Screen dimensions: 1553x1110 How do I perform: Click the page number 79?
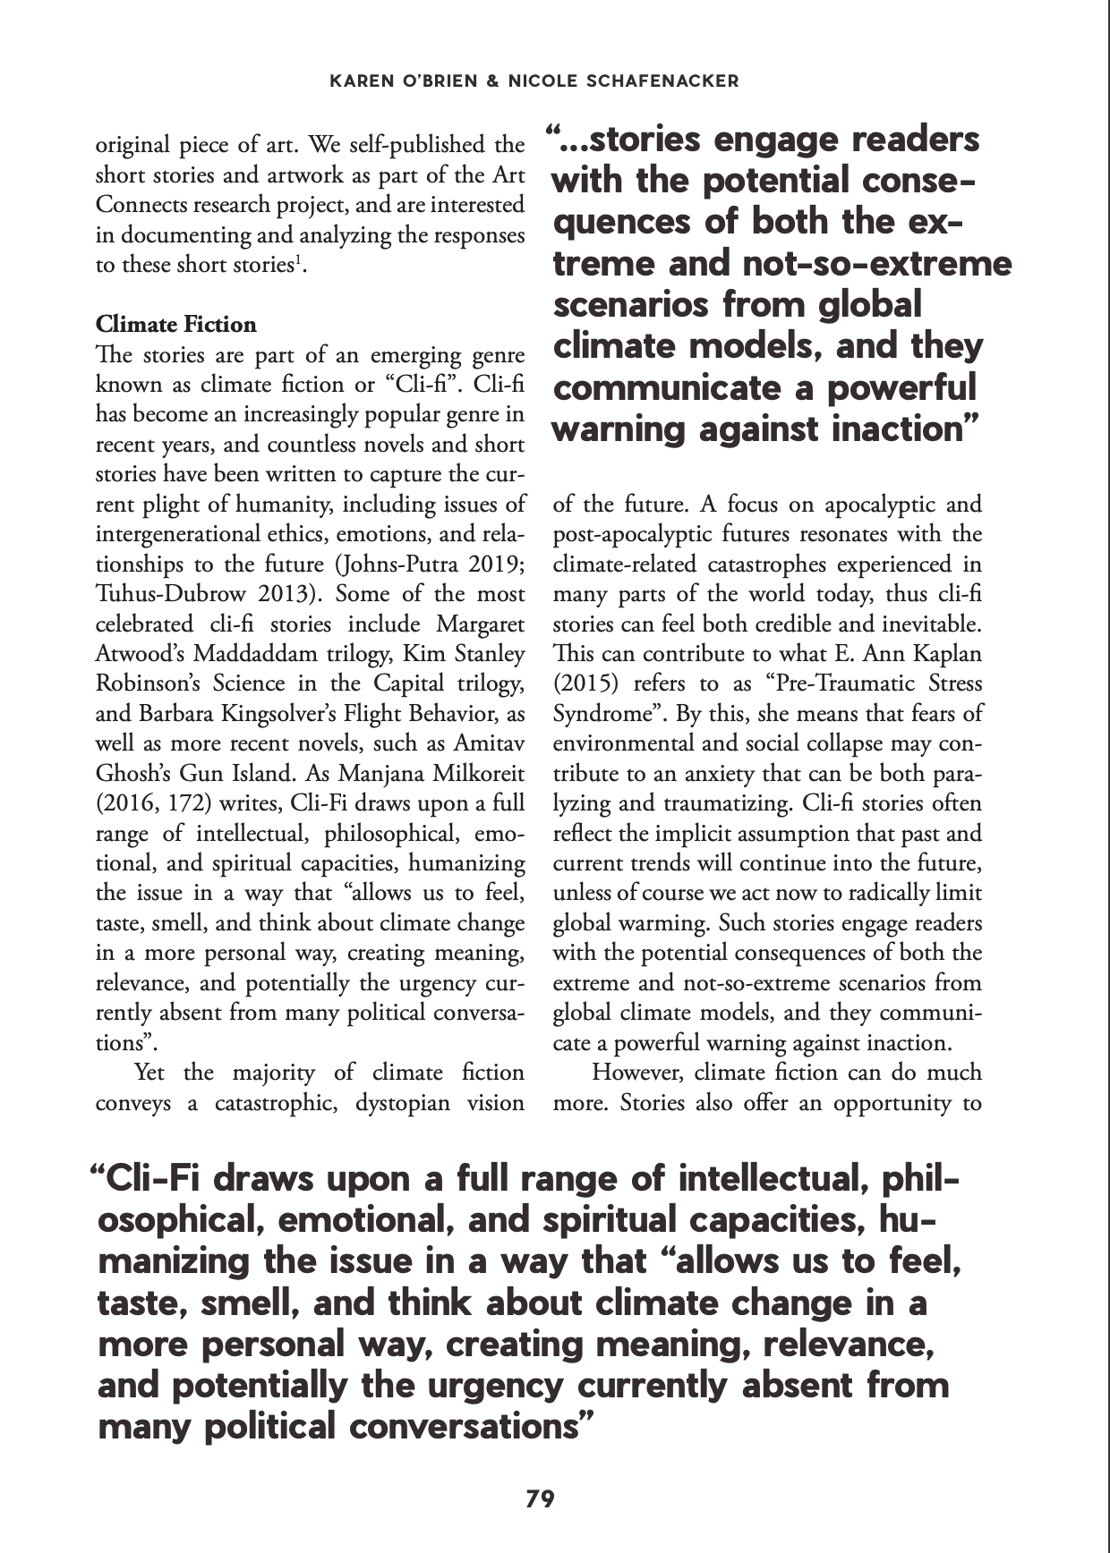540,1498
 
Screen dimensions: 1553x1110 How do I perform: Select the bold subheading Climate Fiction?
175,324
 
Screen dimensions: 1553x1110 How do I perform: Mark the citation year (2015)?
583,684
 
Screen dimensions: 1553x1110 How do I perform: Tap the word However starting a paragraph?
638,1073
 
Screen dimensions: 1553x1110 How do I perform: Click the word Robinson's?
148,684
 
